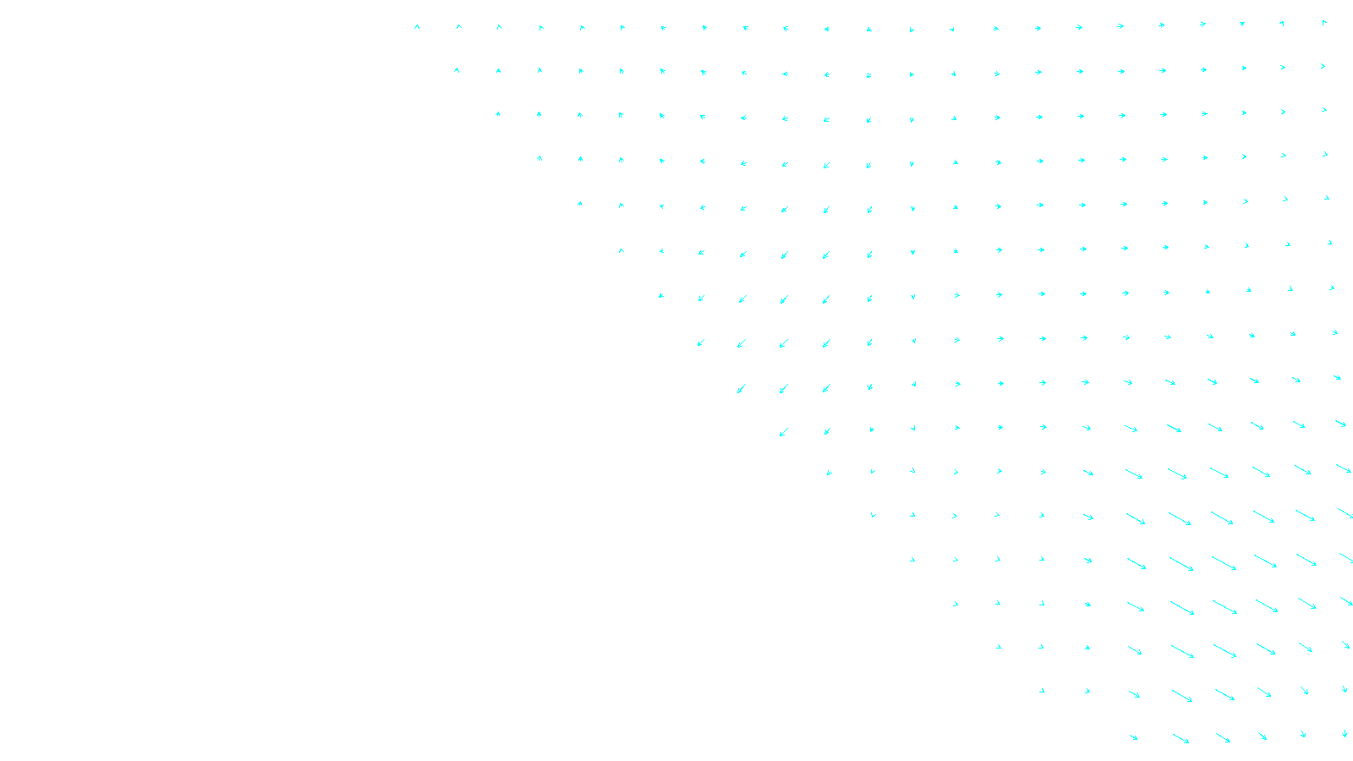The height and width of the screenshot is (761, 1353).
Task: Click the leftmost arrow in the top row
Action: (x=417, y=27)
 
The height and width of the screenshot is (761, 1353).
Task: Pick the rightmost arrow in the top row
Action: (x=1324, y=23)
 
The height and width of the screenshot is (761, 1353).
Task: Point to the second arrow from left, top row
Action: (x=458, y=27)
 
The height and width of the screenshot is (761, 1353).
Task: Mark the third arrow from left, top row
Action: (x=499, y=27)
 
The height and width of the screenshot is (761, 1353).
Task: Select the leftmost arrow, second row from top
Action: (x=457, y=70)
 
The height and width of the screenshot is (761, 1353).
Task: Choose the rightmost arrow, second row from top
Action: (x=1323, y=66)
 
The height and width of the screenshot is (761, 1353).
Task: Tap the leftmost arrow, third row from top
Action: (x=498, y=114)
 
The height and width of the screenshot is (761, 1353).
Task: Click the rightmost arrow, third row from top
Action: (x=1324, y=110)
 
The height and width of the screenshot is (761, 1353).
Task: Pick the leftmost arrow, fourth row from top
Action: (x=540, y=158)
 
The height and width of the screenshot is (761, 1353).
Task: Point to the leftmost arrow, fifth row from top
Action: (x=580, y=204)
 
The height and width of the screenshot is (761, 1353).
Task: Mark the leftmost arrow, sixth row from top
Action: (x=622, y=250)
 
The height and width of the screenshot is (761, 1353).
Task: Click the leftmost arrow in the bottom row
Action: (x=1133, y=737)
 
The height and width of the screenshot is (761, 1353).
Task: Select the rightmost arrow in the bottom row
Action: (x=1345, y=733)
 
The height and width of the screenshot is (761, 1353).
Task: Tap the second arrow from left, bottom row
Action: (x=1180, y=739)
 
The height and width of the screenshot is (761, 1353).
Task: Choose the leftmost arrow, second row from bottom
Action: (x=1042, y=691)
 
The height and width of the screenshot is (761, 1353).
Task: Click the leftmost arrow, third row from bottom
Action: (x=999, y=647)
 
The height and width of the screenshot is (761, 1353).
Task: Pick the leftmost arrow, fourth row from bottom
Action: (x=956, y=604)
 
